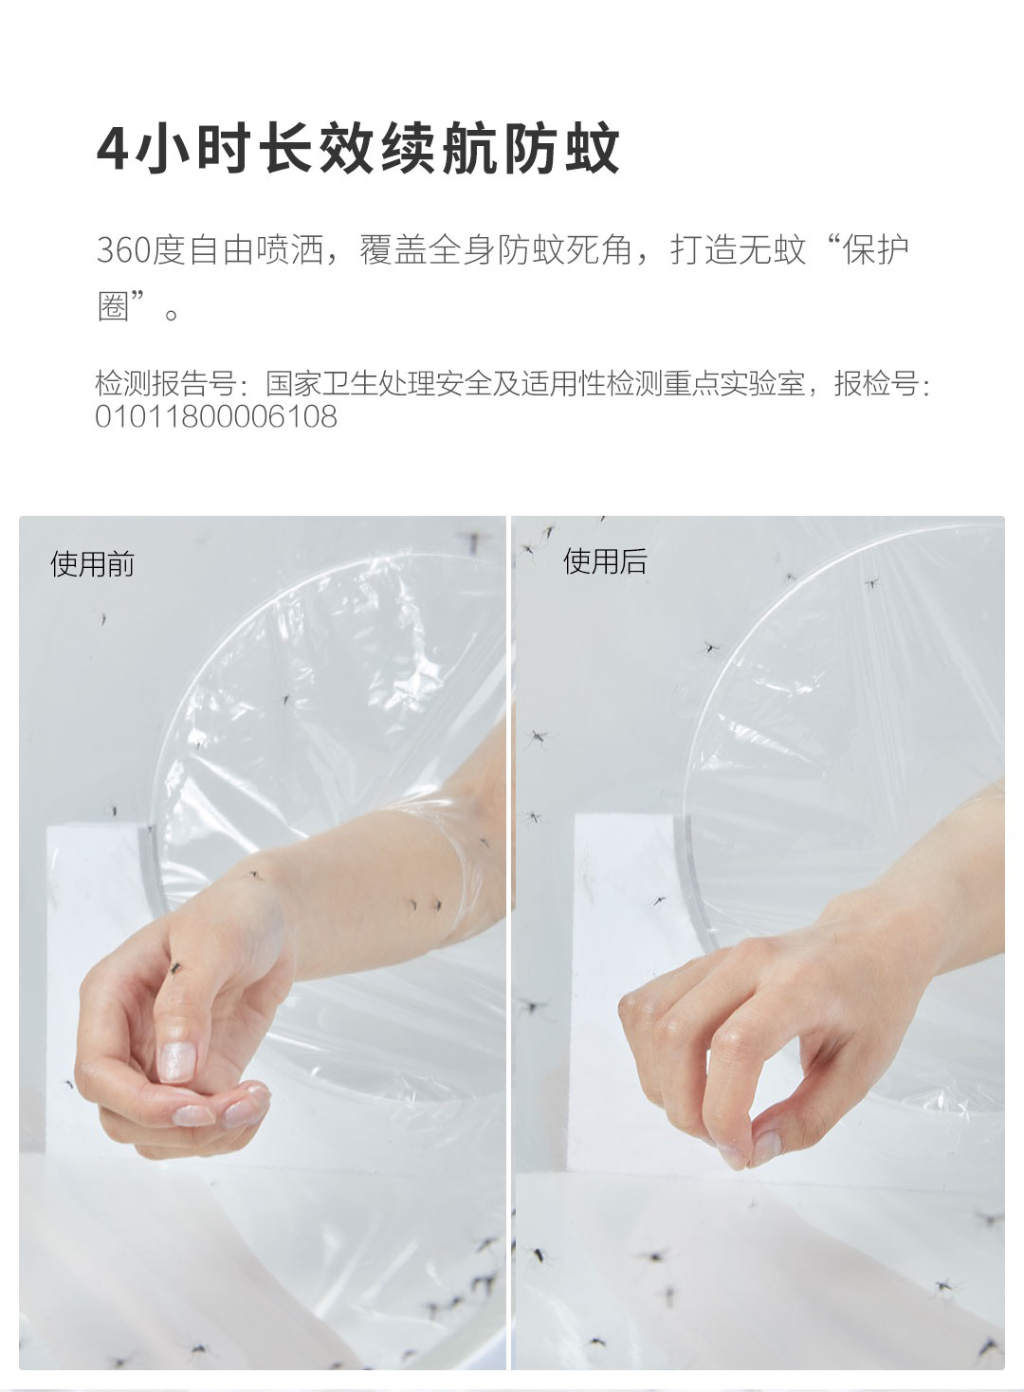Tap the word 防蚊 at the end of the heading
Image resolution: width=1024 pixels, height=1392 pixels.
(x=561, y=149)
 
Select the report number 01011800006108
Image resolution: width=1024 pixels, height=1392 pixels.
(x=216, y=416)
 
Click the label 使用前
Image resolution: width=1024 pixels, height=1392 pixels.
(x=93, y=564)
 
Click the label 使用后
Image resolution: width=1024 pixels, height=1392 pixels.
(x=605, y=561)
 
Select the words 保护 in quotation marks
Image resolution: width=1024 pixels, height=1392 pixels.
(x=875, y=249)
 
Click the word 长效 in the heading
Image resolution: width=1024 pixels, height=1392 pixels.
(x=315, y=149)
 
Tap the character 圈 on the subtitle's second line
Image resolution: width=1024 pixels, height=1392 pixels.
(x=114, y=305)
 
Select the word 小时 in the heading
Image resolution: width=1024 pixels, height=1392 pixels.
(x=192, y=149)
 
